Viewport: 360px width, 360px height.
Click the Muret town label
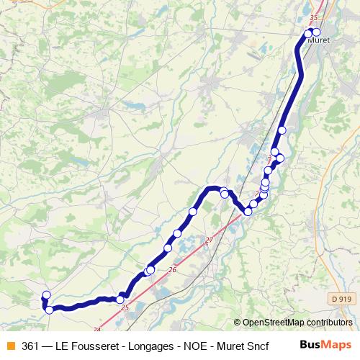(318, 40)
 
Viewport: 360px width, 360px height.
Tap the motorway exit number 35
(313, 18)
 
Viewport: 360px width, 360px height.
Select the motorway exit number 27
(210, 240)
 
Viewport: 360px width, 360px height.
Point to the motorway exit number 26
(172, 270)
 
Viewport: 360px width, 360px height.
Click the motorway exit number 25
(125, 308)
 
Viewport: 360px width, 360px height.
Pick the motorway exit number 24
(97, 330)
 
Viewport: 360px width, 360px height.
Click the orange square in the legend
(10, 346)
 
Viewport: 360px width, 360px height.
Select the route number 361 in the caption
(31, 346)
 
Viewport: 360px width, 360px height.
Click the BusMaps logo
(325, 345)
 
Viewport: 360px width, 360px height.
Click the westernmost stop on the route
(47, 294)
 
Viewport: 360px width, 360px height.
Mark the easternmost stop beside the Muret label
(316, 32)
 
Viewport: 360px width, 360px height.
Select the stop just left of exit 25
(120, 300)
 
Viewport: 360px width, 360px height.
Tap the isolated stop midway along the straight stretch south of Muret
(282, 130)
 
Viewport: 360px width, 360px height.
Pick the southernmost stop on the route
(49, 310)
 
